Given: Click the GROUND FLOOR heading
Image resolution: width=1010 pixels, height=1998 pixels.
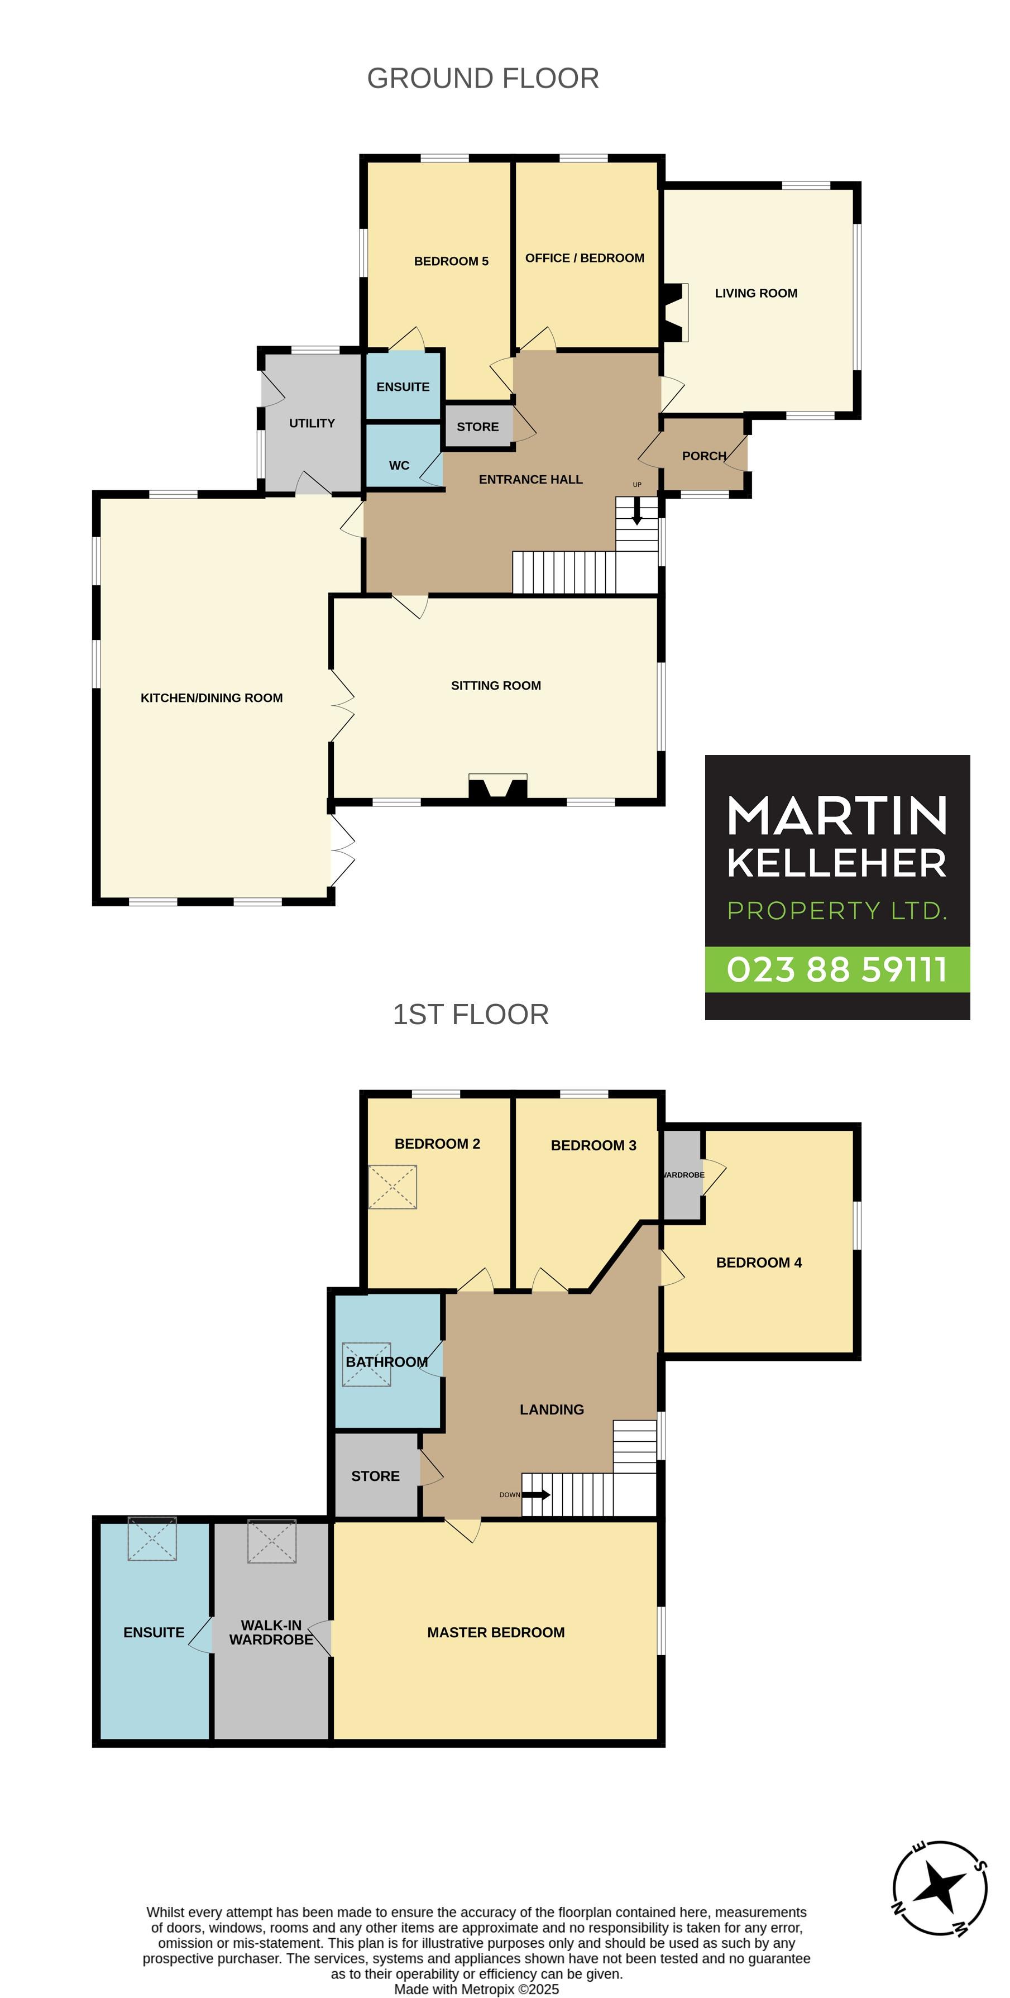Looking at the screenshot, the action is click(482, 78).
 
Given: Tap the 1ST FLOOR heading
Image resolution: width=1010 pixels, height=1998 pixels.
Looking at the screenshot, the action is click(471, 1015).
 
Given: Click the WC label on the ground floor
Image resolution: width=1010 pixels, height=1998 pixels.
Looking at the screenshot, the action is click(399, 465).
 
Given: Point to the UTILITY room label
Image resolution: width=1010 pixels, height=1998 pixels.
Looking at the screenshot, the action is click(312, 423).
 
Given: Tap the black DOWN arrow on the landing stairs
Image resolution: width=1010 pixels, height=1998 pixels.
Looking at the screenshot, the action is click(536, 1495).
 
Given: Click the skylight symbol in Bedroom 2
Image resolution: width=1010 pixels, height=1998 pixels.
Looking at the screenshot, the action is click(392, 1187).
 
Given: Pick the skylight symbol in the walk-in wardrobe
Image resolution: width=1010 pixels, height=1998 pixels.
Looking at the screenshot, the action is click(271, 1541).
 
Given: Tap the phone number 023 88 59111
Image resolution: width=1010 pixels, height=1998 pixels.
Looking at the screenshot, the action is click(837, 969).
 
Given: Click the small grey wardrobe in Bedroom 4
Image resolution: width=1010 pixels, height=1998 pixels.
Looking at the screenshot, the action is click(682, 1174).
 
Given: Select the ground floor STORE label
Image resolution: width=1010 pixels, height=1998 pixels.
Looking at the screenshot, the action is click(478, 427).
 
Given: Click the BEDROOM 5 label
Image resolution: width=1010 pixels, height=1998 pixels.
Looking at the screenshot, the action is click(452, 261).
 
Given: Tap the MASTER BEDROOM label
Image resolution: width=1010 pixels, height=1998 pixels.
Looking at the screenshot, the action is click(496, 1633).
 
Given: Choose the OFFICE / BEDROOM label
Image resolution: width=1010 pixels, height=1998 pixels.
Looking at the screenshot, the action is click(585, 259).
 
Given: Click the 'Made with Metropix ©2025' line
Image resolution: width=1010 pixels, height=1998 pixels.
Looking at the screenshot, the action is click(476, 1990).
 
